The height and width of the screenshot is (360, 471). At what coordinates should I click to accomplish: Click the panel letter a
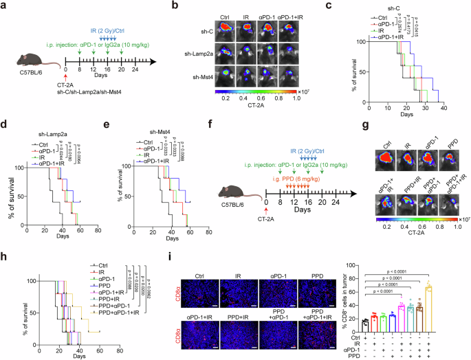coord(5,6)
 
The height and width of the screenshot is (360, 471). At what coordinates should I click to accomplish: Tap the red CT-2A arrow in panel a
coord(66,71)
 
